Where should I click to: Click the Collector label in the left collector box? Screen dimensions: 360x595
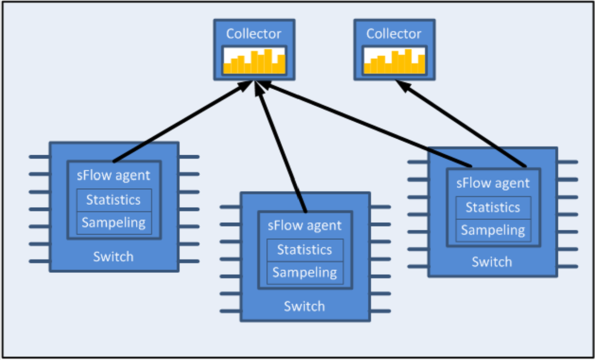[254, 34]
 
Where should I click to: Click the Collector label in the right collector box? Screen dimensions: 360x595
[394, 34]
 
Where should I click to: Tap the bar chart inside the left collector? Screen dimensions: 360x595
[254, 61]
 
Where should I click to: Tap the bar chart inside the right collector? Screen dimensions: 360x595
[394, 61]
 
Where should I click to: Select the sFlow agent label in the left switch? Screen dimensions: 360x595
[114, 176]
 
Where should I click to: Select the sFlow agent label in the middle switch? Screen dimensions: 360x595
[305, 226]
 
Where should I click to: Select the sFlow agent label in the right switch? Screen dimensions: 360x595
[493, 183]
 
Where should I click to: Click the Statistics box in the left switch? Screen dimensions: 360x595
[114, 200]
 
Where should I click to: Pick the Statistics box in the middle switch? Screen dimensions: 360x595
[305, 250]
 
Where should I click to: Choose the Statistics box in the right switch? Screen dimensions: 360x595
[493, 208]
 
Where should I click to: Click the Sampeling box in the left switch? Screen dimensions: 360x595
[114, 223]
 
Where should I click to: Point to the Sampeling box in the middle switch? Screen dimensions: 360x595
[305, 273]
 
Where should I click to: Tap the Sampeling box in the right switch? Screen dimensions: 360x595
[493, 230]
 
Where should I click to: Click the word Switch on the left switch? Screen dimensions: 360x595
[113, 257]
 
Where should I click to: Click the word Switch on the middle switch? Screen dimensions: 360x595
[305, 307]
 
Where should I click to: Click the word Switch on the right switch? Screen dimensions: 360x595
[492, 262]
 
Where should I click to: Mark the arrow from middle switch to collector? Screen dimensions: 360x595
[282, 146]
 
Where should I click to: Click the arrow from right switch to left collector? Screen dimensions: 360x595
[364, 124]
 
